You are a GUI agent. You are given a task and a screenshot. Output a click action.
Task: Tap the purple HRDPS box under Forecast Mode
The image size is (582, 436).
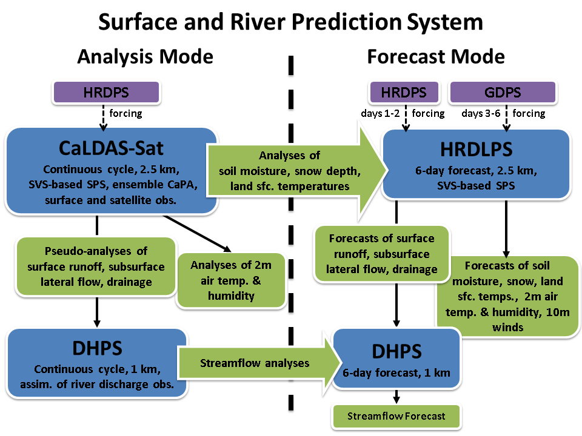click(x=404, y=93)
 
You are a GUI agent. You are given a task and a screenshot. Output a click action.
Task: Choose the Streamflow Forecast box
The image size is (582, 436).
click(x=396, y=416)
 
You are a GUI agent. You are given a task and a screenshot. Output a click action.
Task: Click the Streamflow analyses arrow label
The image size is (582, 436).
click(x=255, y=363)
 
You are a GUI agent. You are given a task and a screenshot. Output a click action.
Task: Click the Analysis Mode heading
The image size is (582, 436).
click(x=145, y=57)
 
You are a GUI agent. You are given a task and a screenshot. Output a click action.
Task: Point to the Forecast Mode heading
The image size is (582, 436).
click(x=435, y=57)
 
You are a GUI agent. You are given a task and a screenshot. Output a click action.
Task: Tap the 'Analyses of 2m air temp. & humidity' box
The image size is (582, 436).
click(x=230, y=280)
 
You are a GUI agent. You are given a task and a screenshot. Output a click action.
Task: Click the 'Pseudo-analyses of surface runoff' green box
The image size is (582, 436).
click(x=96, y=266)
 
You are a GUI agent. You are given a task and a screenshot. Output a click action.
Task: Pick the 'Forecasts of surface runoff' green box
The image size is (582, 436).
click(x=381, y=254)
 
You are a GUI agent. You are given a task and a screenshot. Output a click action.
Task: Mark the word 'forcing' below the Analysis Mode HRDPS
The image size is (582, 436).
click(x=125, y=113)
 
